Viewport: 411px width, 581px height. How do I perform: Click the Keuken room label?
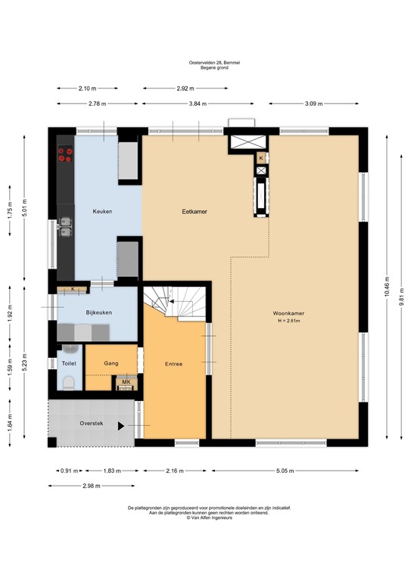coord(102,211)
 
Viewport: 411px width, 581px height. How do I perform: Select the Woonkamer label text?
coord(288,312)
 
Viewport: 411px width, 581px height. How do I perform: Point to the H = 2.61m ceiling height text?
coord(288,321)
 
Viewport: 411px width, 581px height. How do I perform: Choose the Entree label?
coord(173,364)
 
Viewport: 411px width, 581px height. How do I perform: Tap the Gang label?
coord(111,363)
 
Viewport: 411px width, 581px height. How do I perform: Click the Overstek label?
coord(92,425)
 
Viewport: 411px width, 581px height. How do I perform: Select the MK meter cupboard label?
coord(125,382)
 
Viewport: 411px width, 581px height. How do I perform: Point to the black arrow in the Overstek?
coord(121,426)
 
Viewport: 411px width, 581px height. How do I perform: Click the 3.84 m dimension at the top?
coord(197,104)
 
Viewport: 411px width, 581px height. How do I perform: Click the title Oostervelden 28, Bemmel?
coord(205,63)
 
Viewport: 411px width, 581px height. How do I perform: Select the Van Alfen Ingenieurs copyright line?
coord(205,518)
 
